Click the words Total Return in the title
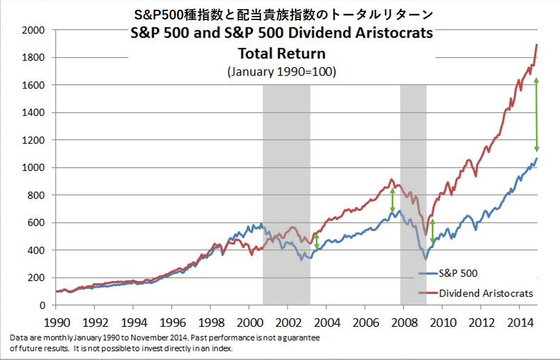pyautogui.click(x=281, y=54)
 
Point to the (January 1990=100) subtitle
pyautogui.click(x=281, y=72)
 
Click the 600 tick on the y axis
pyautogui.click(x=37, y=223)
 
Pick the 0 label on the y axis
pyautogui.click(x=43, y=305)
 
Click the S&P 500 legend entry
pyautogui.click(x=458, y=274)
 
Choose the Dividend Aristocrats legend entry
pyautogui.click(x=486, y=294)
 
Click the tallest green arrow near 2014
pyautogui.click(x=537, y=114)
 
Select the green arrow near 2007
pyautogui.click(x=392, y=200)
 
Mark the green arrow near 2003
pyautogui.click(x=317, y=241)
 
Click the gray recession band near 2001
pyautogui.click(x=286, y=195)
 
